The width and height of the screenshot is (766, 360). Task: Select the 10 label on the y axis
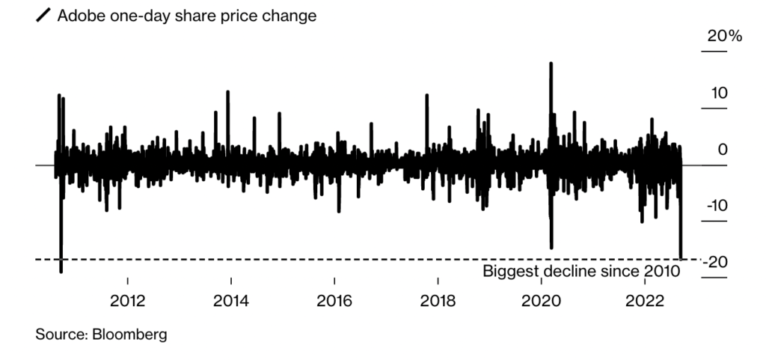(719, 94)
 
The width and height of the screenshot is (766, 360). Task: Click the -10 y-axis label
(716, 206)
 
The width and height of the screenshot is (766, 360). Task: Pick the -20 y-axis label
(716, 263)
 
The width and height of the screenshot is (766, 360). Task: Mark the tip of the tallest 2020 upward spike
(551, 63)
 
